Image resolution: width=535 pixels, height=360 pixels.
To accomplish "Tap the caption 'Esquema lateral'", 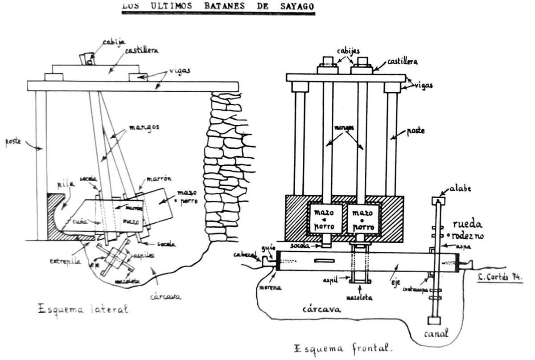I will click(83, 309).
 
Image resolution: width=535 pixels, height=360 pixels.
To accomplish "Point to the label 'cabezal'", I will click(246, 254).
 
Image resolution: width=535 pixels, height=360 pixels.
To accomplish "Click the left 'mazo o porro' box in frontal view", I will click(325, 218).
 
